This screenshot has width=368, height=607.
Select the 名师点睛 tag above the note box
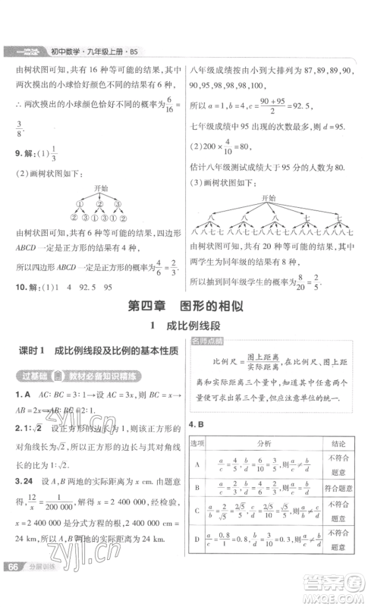[207, 341]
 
